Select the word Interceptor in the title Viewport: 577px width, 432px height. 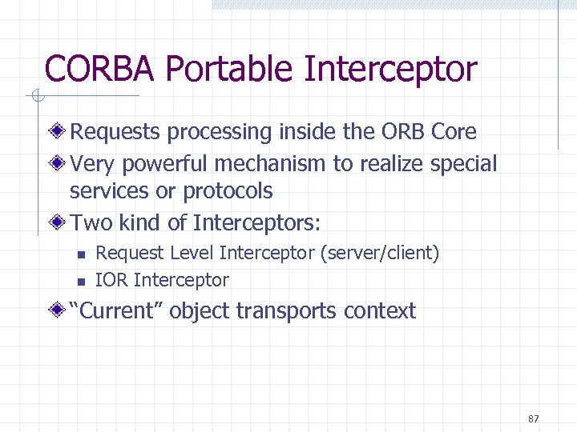coord(390,69)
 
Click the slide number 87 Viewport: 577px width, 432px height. coord(535,419)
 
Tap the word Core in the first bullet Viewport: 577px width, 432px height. coord(454,131)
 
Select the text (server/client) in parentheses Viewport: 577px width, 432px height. coord(379,254)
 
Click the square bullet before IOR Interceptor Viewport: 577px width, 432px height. coord(81,281)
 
